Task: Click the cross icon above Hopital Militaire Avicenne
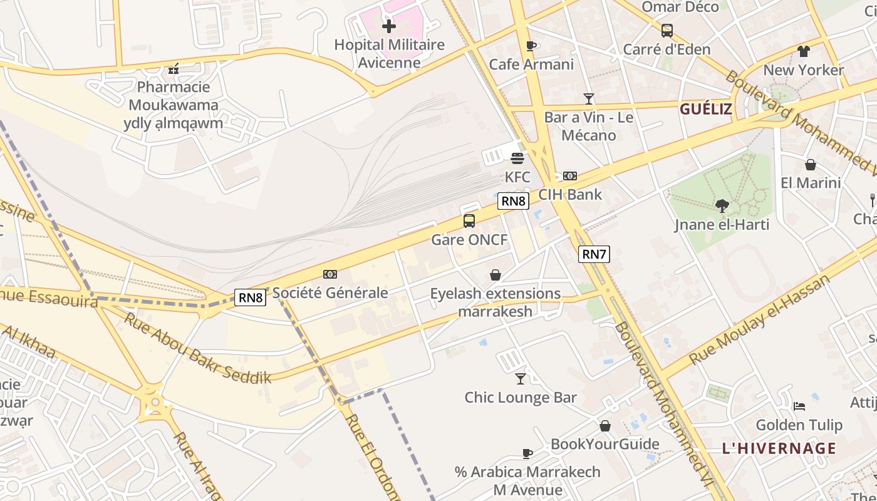click(x=389, y=26)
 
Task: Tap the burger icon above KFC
click(x=517, y=158)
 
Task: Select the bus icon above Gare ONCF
click(x=469, y=220)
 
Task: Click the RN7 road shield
click(x=594, y=254)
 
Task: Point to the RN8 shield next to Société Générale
click(x=251, y=297)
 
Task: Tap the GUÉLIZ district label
click(x=706, y=109)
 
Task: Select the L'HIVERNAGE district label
click(x=779, y=448)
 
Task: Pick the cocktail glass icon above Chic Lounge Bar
click(x=521, y=378)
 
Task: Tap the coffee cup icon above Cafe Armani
click(x=531, y=45)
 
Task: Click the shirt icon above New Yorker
click(x=804, y=51)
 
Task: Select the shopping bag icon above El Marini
click(x=811, y=165)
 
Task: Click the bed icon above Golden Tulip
click(x=799, y=406)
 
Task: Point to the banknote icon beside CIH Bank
click(x=570, y=176)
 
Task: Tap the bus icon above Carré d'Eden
click(x=667, y=30)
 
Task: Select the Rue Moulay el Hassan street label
click(x=759, y=320)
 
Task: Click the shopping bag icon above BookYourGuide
click(x=605, y=426)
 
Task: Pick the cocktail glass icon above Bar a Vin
click(x=589, y=98)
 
